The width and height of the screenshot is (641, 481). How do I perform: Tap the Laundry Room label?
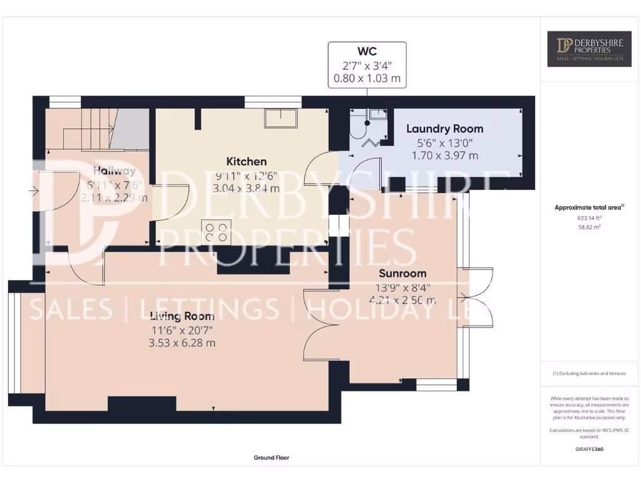[x=444, y=129]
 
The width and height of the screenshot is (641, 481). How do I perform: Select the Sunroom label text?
[x=403, y=273]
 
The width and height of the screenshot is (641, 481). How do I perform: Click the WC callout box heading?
[x=367, y=50]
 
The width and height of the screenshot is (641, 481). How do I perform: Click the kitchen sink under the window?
[x=280, y=118]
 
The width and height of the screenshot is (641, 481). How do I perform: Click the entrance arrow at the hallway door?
[x=33, y=190]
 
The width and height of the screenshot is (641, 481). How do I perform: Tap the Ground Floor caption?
[x=271, y=458]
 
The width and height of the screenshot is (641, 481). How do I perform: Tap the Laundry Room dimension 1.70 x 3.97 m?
[x=444, y=155]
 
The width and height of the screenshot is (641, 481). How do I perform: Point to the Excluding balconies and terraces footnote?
[x=588, y=374]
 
